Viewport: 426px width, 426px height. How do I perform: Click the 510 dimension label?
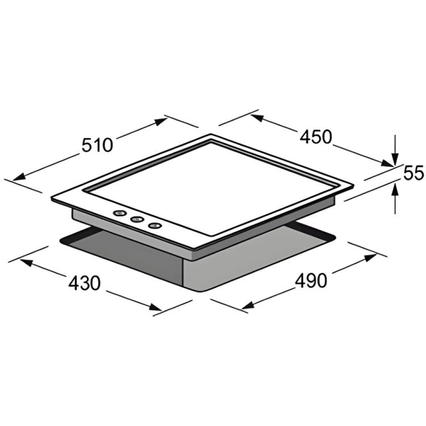point(97,145)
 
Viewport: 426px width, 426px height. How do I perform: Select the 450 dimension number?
point(316,137)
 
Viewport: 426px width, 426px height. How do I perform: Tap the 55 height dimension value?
point(414,173)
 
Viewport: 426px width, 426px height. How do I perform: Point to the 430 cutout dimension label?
point(85,283)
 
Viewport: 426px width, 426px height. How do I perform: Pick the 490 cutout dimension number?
point(311,281)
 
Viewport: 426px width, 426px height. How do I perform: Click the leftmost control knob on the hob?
point(120,213)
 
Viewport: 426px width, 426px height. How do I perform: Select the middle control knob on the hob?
point(137,219)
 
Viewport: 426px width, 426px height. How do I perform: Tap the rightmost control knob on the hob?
point(155,225)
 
